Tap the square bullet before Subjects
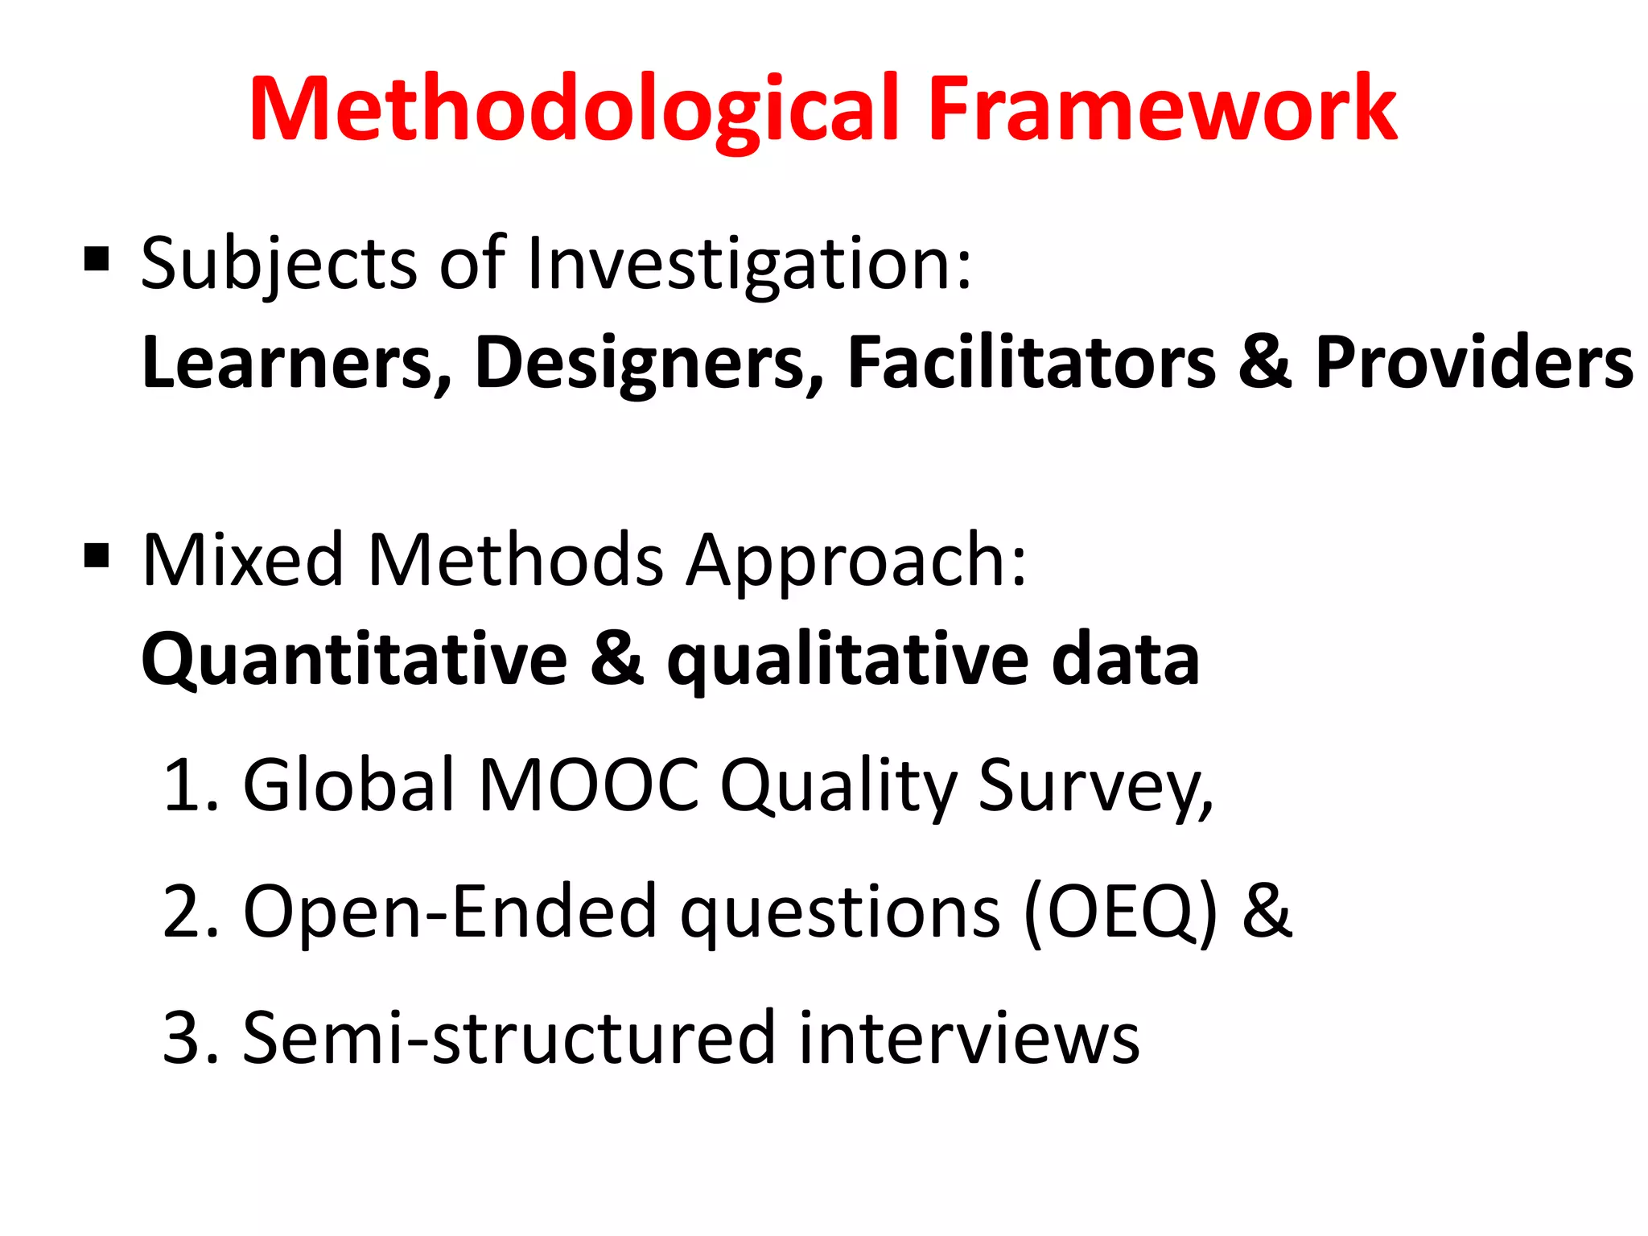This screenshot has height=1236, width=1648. (97, 260)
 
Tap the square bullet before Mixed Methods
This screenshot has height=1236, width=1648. (97, 556)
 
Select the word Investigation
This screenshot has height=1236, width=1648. (748, 266)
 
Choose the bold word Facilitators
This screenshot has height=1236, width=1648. (1032, 363)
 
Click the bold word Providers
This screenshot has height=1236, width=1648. (1473, 363)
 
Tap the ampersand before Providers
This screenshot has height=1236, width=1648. (1264, 363)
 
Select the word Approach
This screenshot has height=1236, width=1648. (856, 562)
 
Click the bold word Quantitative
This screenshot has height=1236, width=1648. (354, 661)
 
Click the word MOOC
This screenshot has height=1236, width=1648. (588, 785)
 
